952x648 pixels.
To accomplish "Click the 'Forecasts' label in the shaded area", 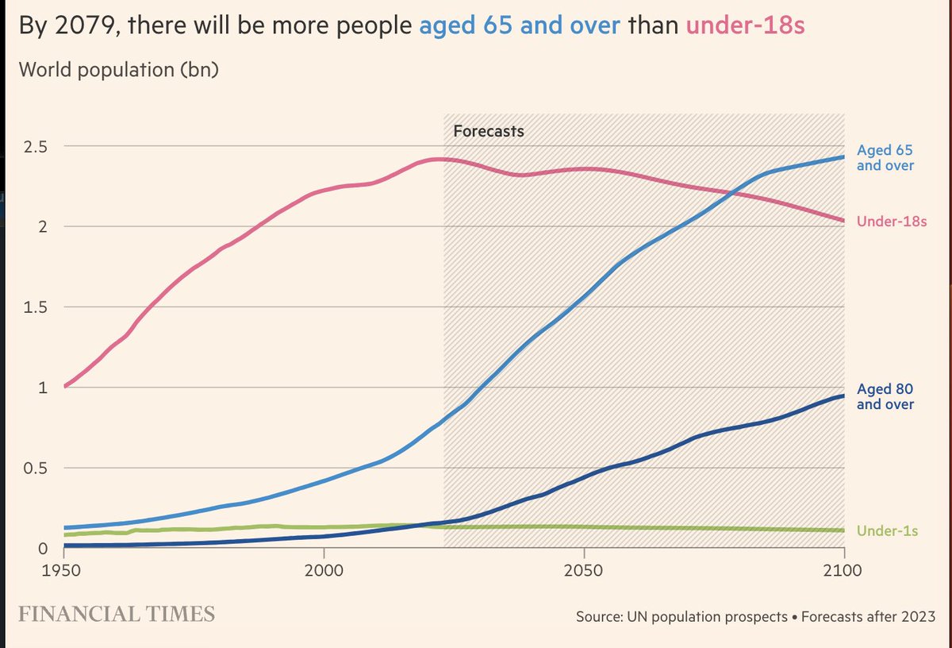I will click(488, 131).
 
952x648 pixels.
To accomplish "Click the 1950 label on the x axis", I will click(64, 571).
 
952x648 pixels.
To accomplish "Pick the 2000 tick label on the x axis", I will click(324, 571).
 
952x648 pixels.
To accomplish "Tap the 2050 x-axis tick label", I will click(584, 571).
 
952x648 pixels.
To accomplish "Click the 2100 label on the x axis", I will click(843, 571).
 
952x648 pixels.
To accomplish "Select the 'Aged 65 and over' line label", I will click(885, 157).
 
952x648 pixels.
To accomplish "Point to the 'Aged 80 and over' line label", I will click(885, 397).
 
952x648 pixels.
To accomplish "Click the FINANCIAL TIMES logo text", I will click(117, 614).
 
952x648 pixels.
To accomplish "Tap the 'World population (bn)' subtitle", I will click(118, 69).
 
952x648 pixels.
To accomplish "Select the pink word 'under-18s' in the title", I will click(745, 26).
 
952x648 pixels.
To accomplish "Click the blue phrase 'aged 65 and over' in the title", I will click(520, 26).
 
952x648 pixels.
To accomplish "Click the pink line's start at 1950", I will click(65, 386).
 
